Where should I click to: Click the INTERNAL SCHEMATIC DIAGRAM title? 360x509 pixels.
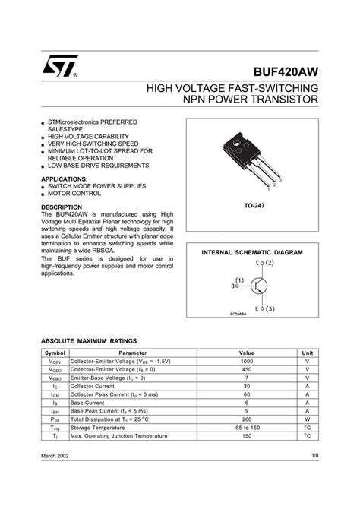pyautogui.click(x=252, y=251)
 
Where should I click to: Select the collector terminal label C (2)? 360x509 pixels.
pyautogui.click(x=265, y=263)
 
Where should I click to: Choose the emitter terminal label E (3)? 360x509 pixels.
pyautogui.click(x=265, y=308)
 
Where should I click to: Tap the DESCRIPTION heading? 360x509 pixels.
pyautogui.click(x=62, y=207)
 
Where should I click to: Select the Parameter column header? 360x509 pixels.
pyautogui.click(x=133, y=353)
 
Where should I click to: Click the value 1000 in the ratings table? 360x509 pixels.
pyautogui.click(x=247, y=362)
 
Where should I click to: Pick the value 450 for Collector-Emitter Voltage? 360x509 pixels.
pyautogui.click(x=247, y=370)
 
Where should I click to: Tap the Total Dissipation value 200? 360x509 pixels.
pyautogui.click(x=247, y=419)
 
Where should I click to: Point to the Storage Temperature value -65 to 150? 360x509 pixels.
pyautogui.click(x=247, y=427)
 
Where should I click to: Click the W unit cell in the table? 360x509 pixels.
pyautogui.click(x=308, y=419)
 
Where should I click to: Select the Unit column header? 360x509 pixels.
pyautogui.click(x=308, y=353)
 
